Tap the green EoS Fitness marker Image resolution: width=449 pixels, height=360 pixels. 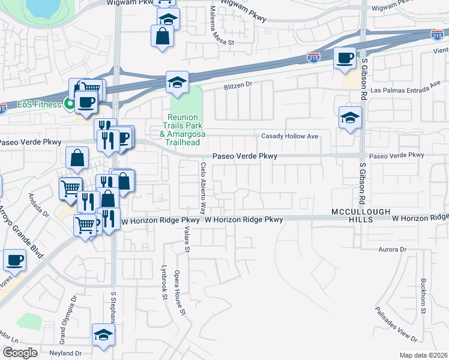tap(70, 104)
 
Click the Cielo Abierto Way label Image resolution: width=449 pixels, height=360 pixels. tap(203, 188)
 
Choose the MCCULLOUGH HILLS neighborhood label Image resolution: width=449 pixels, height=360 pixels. tap(360, 216)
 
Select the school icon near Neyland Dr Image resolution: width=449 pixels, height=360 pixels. tap(103, 335)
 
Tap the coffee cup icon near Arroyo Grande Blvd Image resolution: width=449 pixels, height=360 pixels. tap(14, 260)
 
